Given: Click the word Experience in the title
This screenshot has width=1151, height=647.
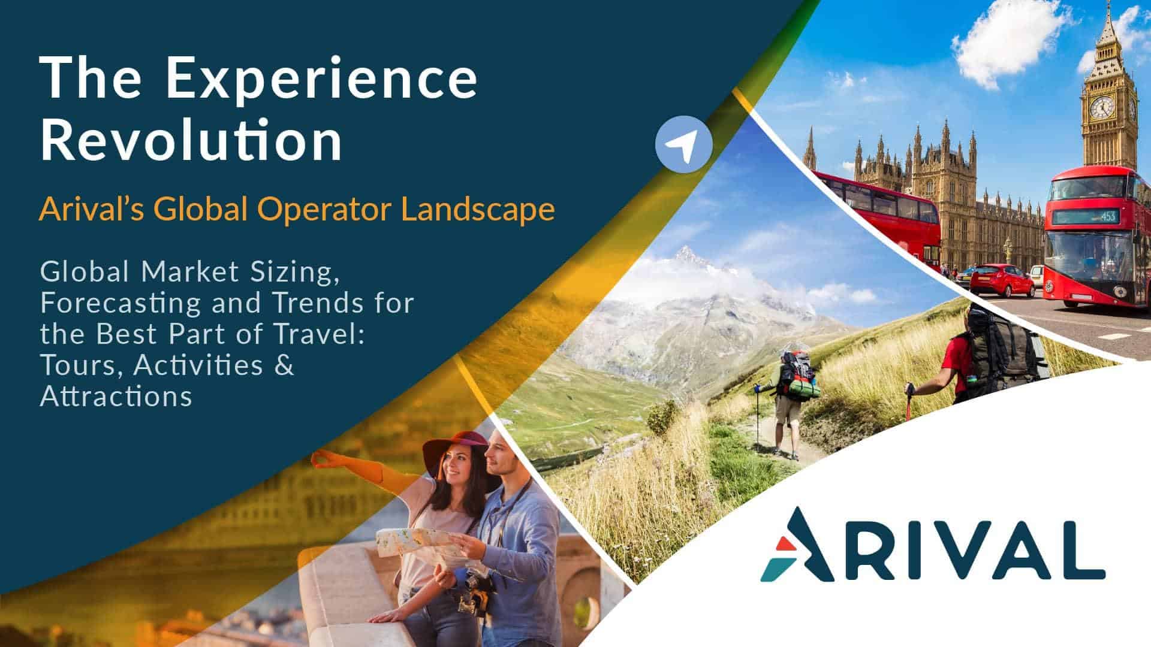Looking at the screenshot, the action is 321,79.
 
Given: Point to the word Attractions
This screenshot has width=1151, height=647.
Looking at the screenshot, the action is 116,396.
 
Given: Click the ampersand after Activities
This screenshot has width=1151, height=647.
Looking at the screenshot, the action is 285,365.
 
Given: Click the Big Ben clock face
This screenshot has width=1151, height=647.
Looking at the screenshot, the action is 1101,107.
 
